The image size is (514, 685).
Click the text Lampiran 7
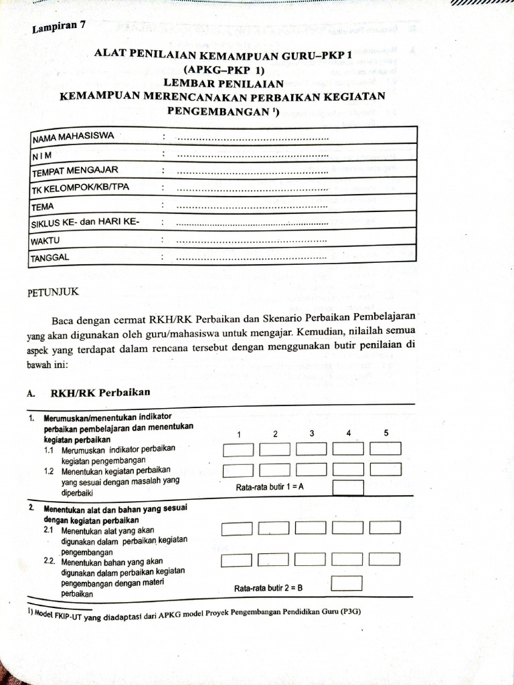59,27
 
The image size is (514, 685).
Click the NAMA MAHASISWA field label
73,136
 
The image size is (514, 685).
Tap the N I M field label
42,155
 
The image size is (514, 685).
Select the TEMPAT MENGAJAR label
75,171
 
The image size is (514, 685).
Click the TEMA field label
43,206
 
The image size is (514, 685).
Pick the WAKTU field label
46,239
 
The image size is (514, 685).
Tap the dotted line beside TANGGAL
251,257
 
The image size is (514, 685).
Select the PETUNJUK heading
53,292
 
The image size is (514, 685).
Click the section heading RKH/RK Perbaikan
100,392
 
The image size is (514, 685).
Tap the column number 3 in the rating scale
312,433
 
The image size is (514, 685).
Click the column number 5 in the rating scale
386,433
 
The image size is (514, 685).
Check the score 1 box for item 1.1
238,450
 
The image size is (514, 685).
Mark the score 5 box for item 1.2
385,470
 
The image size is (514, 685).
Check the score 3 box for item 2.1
311,527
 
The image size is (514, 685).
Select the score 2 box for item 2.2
272,559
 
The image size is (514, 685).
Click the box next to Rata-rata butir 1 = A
348,488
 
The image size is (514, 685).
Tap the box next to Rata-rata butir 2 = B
347,583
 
